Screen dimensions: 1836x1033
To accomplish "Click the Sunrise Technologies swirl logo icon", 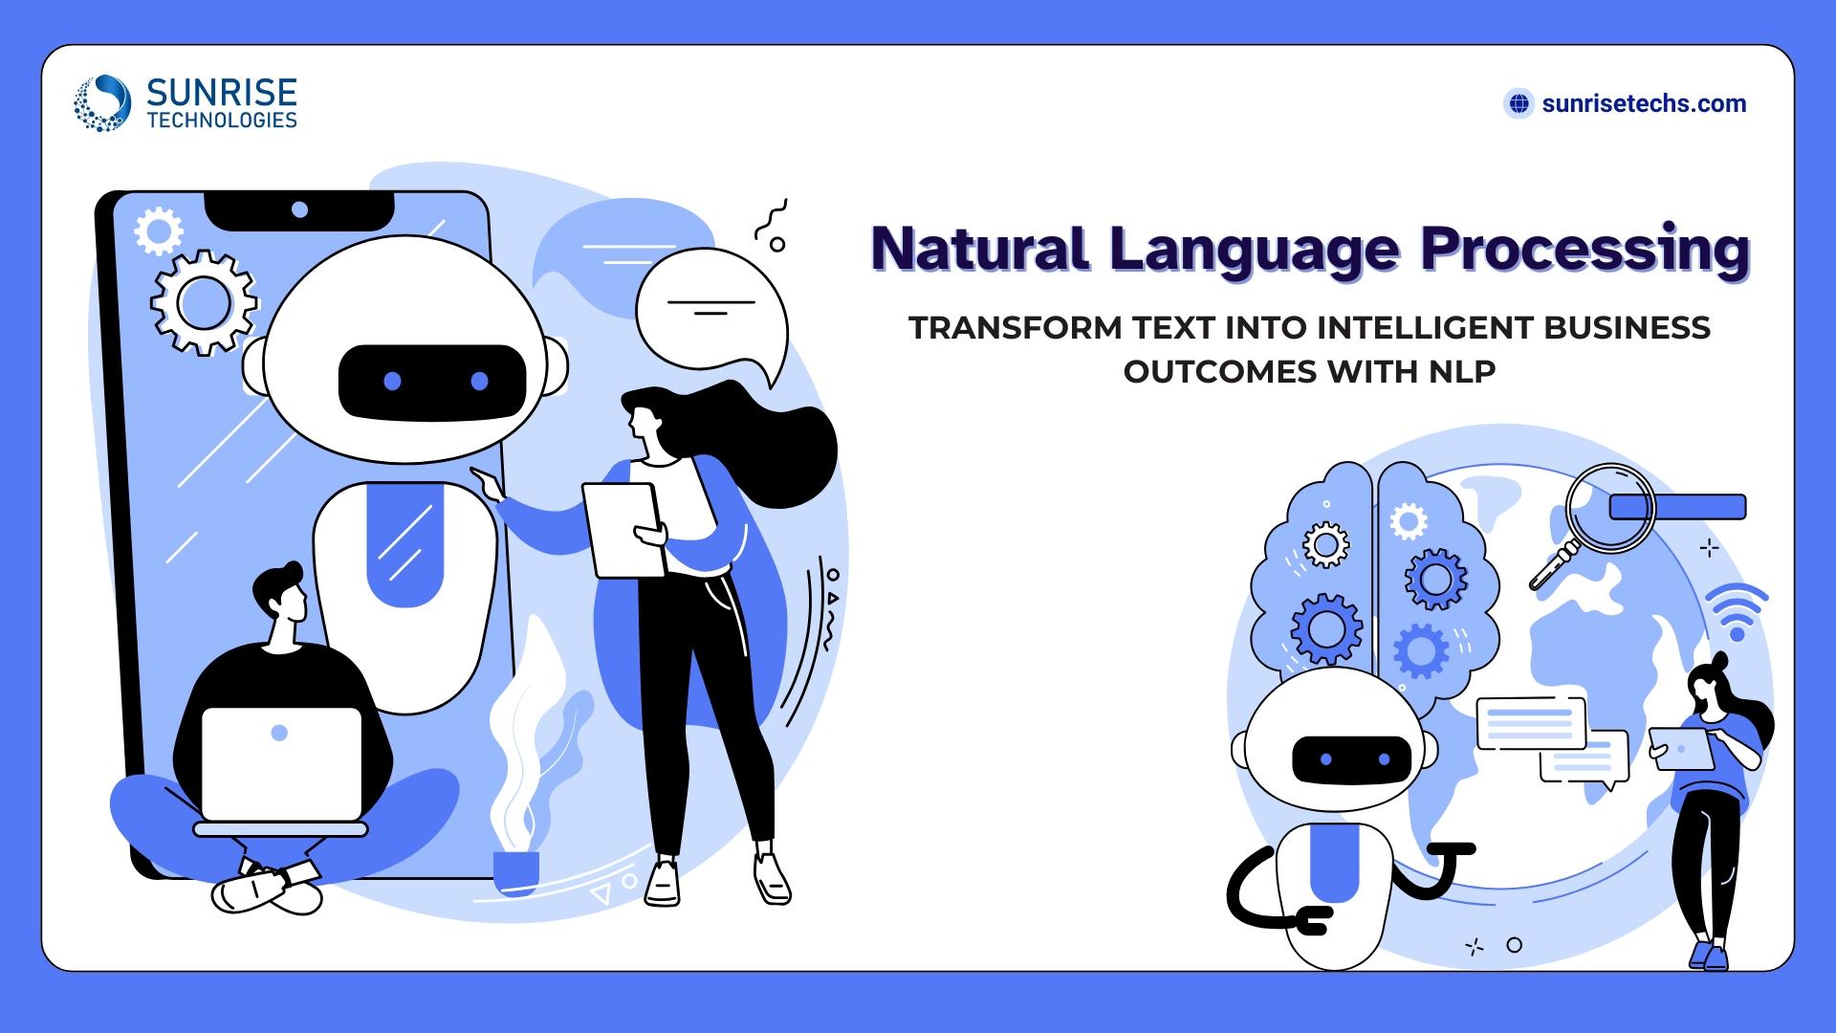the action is tap(102, 103).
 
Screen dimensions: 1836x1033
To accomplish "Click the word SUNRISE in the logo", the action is tap(222, 93).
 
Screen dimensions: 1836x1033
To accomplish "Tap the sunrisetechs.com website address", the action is tap(1644, 103).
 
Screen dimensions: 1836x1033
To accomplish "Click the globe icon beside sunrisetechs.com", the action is tap(1519, 103).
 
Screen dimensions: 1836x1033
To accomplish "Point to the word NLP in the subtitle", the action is tap(1462, 371).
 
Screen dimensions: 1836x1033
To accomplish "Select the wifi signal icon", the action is tap(1737, 613).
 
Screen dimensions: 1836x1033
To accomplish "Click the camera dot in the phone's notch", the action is tap(299, 209).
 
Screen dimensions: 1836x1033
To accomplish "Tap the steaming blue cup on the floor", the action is tap(515, 871).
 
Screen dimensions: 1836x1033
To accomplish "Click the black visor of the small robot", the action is tap(1351, 759).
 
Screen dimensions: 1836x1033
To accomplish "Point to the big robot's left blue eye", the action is tap(392, 382).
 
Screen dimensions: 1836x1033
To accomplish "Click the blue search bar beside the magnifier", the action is tap(1677, 507).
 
